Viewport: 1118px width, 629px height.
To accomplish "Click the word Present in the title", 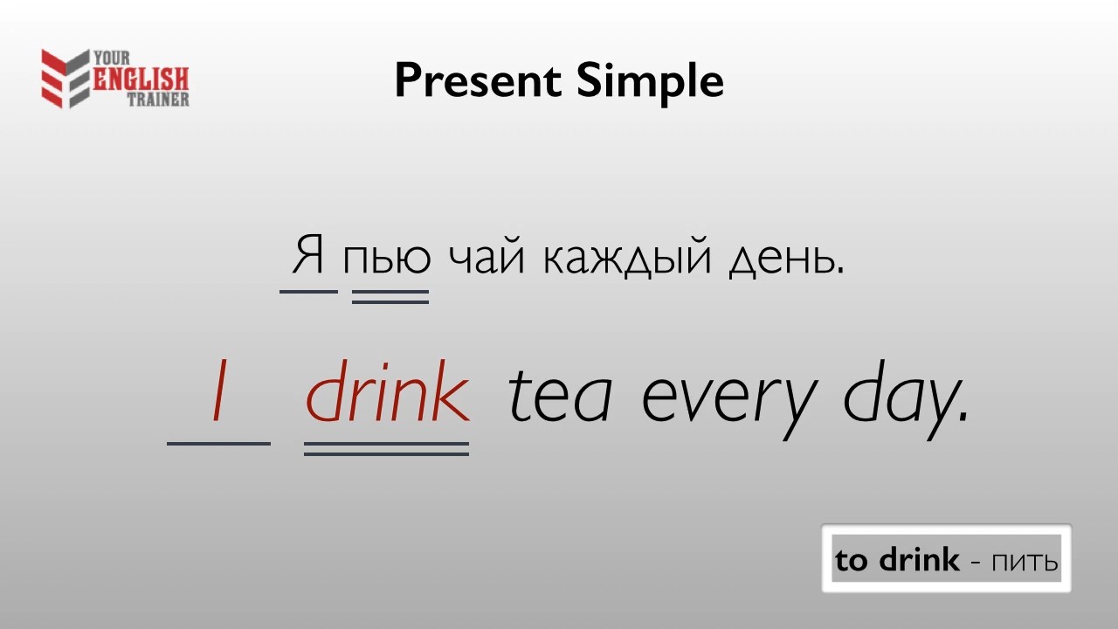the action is coord(478,81).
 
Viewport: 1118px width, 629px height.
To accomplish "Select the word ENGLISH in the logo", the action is coord(141,79).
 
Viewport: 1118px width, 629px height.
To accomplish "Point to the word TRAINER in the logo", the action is coord(158,99).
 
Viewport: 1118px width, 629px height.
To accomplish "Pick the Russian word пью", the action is coord(386,259).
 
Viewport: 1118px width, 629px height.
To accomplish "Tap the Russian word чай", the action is coord(487,256).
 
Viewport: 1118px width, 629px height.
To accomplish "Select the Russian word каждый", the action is coord(627,257).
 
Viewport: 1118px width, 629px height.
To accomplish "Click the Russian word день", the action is coord(785,259).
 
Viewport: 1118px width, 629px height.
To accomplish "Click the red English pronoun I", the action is coord(219,391).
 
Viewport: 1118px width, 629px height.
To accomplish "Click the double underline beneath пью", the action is coord(390,296).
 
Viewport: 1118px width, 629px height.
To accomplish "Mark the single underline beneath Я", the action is coord(308,292).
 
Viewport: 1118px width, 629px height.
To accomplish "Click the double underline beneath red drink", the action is coord(386,448).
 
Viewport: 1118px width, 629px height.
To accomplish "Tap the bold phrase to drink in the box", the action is coord(897,560).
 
